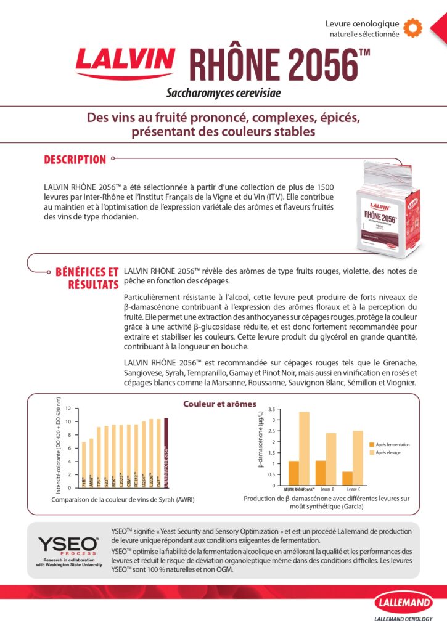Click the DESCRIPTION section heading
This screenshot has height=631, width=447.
(75, 160)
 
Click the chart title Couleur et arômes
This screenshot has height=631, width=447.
(219, 404)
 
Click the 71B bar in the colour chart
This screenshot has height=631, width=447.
(84, 465)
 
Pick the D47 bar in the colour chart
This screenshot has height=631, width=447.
(158, 454)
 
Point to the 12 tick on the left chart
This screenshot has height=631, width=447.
(68, 409)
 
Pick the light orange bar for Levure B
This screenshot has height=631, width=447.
(331, 459)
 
